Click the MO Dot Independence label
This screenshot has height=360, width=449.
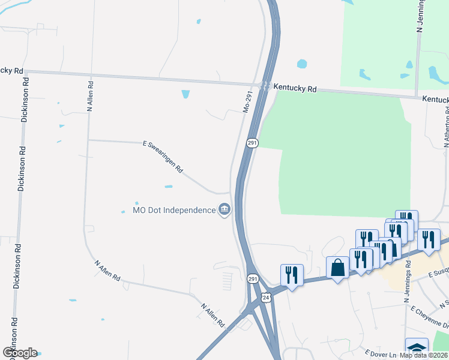173,210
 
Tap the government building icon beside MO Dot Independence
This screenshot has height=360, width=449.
224,209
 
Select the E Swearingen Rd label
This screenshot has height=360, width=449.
163,157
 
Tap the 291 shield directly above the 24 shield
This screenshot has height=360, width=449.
253,278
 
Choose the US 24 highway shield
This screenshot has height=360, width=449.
266,298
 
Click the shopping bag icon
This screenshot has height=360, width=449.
338,268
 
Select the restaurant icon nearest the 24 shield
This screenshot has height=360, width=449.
292,275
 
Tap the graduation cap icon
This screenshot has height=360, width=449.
417,349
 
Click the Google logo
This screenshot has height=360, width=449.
20,353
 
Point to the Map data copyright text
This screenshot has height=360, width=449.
424,355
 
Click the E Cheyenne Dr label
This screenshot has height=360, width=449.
429,316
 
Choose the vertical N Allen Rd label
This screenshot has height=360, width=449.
90,97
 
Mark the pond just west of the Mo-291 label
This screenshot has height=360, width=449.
185,94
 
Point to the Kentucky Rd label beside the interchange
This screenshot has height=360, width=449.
295,88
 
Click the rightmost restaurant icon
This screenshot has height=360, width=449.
429,239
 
